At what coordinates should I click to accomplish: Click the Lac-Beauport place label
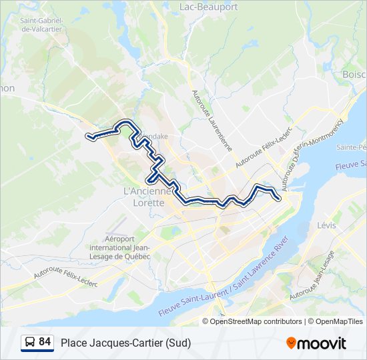point(209,7)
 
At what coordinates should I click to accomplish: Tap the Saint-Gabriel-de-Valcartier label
point(41,25)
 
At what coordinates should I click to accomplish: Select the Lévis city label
point(326,225)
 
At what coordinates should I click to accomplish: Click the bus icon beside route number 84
point(30,343)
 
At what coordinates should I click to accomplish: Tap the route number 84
point(45,342)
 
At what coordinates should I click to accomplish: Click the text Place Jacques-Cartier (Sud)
point(125,343)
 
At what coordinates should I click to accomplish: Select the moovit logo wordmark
point(322,343)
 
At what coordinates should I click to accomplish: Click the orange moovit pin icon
point(292,343)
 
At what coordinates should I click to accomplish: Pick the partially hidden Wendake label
point(157,137)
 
